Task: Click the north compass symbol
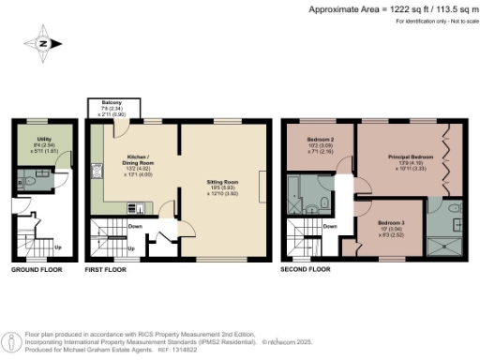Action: [42, 43]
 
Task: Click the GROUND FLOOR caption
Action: [37, 270]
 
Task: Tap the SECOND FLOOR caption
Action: [306, 270]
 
